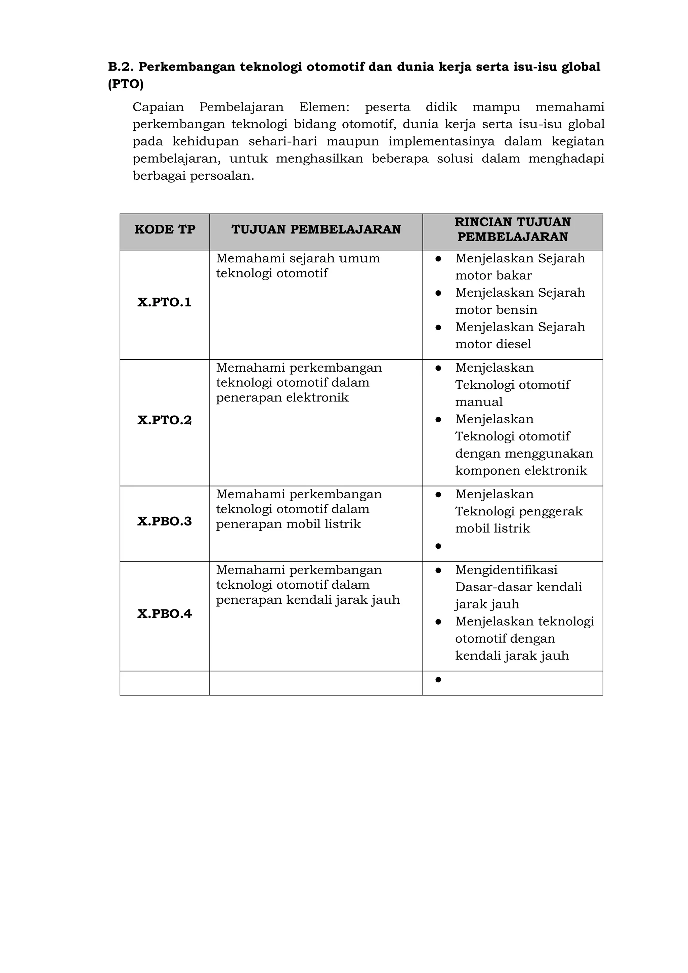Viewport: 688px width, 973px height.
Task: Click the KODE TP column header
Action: click(x=165, y=230)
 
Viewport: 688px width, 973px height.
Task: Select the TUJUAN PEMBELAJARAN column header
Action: click(x=316, y=230)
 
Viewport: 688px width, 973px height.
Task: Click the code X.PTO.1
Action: click(x=164, y=302)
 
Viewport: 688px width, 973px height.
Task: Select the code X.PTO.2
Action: click(x=164, y=420)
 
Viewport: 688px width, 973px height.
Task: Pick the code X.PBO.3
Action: click(x=164, y=521)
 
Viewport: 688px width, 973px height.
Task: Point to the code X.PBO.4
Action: click(x=164, y=614)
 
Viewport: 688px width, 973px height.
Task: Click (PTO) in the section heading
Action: click(x=126, y=84)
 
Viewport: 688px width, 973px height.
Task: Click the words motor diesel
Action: click(x=493, y=344)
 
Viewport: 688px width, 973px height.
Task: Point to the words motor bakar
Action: click(x=493, y=276)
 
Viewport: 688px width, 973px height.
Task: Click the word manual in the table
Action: click(x=479, y=402)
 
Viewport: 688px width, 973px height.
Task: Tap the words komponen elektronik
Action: click(x=521, y=470)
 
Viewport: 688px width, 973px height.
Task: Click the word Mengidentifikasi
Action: click(x=506, y=570)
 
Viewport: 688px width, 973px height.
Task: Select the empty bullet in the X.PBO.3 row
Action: click(x=438, y=546)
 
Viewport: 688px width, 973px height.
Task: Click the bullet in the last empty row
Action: click(x=438, y=680)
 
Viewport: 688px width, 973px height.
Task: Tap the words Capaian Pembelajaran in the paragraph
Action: click(x=208, y=107)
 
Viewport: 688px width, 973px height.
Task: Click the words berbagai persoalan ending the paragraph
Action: click(x=193, y=175)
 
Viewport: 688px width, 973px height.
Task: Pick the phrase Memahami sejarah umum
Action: click(x=298, y=258)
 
